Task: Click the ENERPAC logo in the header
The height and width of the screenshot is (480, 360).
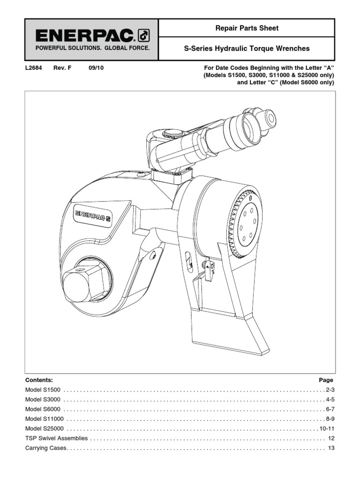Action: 92,35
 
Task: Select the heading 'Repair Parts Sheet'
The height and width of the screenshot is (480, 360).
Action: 247,28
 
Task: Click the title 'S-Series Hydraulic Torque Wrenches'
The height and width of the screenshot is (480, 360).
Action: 247,49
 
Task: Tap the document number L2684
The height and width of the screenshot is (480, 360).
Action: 33,68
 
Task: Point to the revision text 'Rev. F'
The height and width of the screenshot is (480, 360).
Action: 62,68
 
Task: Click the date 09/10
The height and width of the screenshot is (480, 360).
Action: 96,68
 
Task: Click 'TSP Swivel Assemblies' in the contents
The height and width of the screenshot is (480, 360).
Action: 56,438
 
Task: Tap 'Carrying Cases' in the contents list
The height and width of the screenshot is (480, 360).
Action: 46,448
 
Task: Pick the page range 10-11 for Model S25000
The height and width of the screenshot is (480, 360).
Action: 326,429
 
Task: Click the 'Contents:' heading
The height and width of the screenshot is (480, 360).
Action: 39,380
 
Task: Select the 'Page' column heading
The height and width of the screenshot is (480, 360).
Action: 326,380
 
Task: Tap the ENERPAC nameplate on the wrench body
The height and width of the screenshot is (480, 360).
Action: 93,215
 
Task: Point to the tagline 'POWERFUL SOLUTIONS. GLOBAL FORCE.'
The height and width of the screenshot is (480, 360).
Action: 92,48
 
